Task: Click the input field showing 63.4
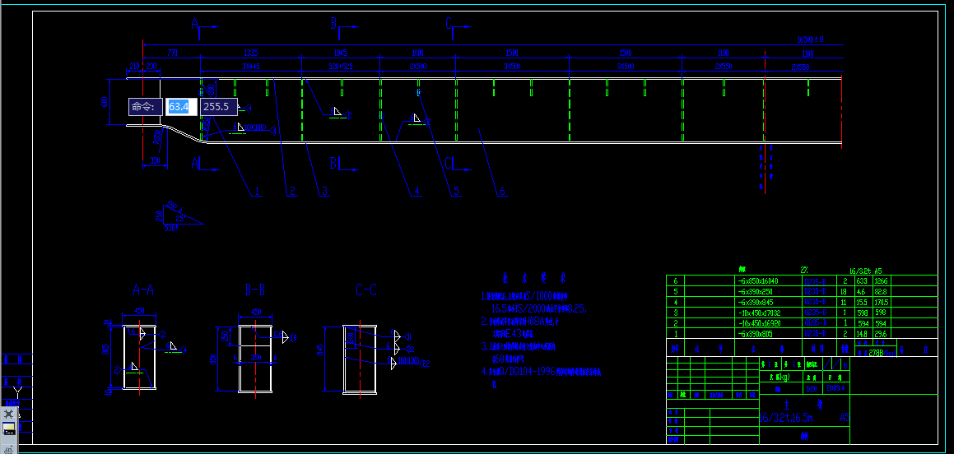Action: (x=179, y=107)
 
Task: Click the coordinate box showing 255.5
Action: (x=218, y=107)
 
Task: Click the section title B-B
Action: (x=254, y=290)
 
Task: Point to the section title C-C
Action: (x=366, y=290)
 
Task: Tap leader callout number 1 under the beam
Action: (x=257, y=192)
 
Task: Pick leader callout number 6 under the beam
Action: (x=502, y=192)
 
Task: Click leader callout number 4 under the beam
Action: (x=417, y=192)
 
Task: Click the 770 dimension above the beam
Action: (x=172, y=52)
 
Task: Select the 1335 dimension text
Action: (x=252, y=52)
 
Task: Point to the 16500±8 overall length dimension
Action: (x=810, y=39)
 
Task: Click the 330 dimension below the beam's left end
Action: (x=155, y=162)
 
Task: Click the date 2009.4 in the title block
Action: (x=835, y=387)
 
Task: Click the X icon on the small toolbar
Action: (x=9, y=414)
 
